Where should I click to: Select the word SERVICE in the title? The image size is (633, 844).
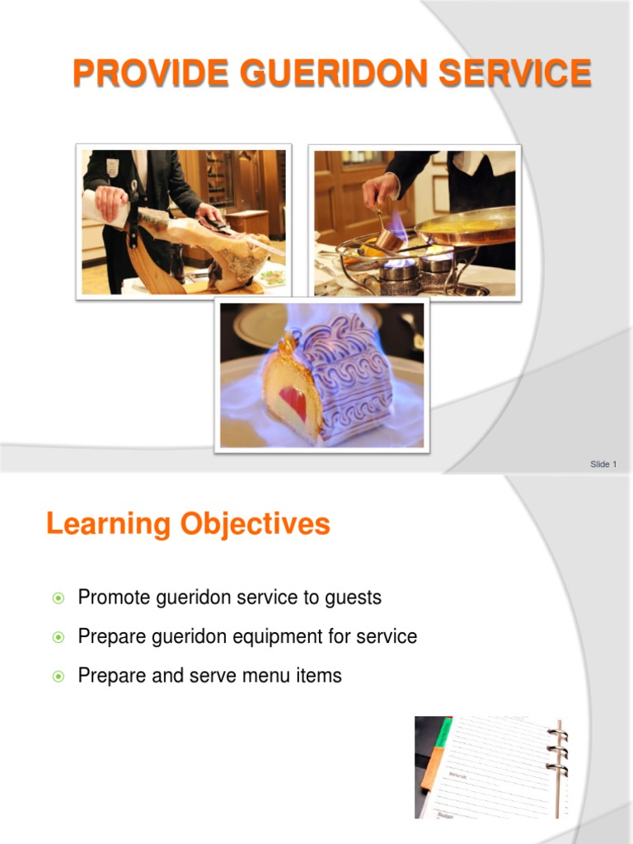click(515, 73)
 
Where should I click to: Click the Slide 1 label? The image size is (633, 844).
click(603, 464)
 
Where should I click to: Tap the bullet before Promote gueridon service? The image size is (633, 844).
click(58, 598)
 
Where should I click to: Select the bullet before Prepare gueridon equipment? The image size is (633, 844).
click(58, 637)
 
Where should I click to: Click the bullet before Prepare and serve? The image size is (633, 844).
click(58, 677)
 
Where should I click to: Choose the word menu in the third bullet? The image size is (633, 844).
click(267, 677)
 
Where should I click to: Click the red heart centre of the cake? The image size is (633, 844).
click(293, 402)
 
